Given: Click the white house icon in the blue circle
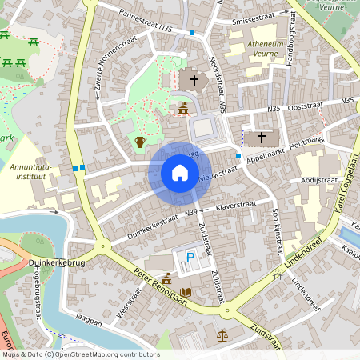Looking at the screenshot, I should pyautogui.click(x=179, y=173).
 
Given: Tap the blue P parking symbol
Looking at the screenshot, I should pyautogui.click(x=190, y=257).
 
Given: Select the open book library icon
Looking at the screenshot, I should pyautogui.click(x=186, y=293).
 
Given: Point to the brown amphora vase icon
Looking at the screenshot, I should pyautogui.click(x=140, y=142).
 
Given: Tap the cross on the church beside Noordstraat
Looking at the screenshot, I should pyautogui.click(x=193, y=81).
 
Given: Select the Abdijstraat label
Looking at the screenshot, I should pyautogui.click(x=319, y=180).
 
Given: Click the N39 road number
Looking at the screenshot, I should pyautogui.click(x=190, y=213).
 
